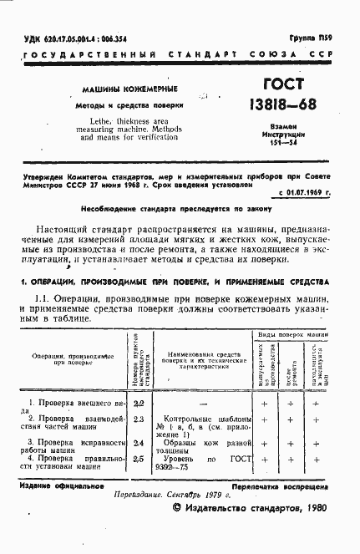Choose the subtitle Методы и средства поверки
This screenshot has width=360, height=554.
pyautogui.click(x=132, y=105)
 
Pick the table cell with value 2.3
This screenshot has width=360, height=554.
pyautogui.click(x=139, y=419)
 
